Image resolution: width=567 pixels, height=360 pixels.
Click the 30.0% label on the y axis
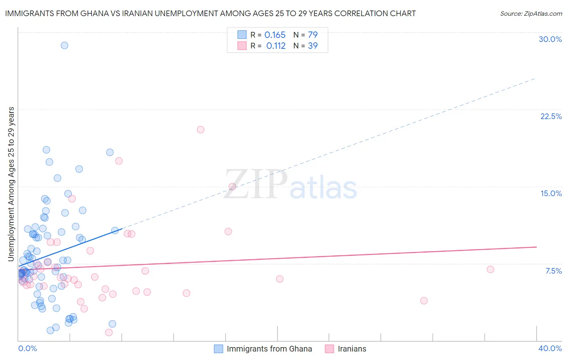(x=550, y=39)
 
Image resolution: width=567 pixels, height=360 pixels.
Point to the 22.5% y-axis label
(x=551, y=116)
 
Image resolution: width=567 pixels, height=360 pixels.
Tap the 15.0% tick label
(x=551, y=193)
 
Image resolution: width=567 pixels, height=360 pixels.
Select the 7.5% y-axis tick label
(x=553, y=271)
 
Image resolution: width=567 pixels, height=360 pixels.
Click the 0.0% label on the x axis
(x=27, y=348)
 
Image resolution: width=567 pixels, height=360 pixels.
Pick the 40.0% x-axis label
(x=550, y=348)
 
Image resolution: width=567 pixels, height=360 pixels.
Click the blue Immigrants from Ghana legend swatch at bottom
(x=218, y=349)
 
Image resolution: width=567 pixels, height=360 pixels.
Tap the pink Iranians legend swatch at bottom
(x=329, y=349)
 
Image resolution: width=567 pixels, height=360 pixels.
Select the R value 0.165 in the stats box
(x=275, y=35)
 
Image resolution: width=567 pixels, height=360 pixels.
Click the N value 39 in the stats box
(x=313, y=46)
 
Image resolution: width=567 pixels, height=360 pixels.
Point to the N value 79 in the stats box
(x=313, y=35)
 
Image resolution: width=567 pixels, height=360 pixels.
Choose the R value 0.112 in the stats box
(x=276, y=46)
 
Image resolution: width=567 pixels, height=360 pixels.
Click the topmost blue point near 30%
(x=64, y=45)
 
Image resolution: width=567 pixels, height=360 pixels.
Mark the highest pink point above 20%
(x=200, y=130)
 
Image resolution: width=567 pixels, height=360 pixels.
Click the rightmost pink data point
(x=490, y=269)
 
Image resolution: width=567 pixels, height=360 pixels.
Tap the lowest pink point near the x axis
(x=109, y=333)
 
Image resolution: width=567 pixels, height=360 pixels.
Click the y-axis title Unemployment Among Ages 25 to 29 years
(x=11, y=184)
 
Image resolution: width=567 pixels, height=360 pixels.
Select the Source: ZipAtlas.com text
(x=531, y=14)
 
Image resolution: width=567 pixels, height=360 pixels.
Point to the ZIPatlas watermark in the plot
(x=290, y=185)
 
